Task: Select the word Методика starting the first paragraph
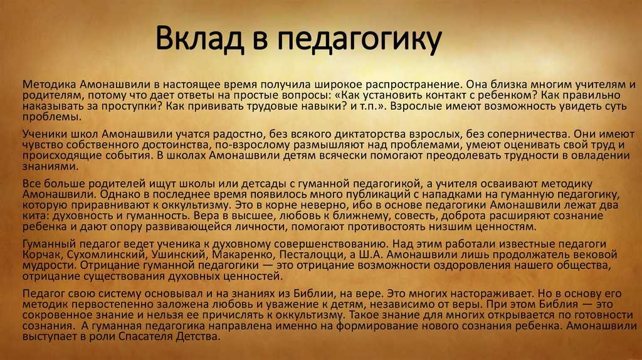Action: click(x=49, y=85)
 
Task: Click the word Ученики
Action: click(x=45, y=134)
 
